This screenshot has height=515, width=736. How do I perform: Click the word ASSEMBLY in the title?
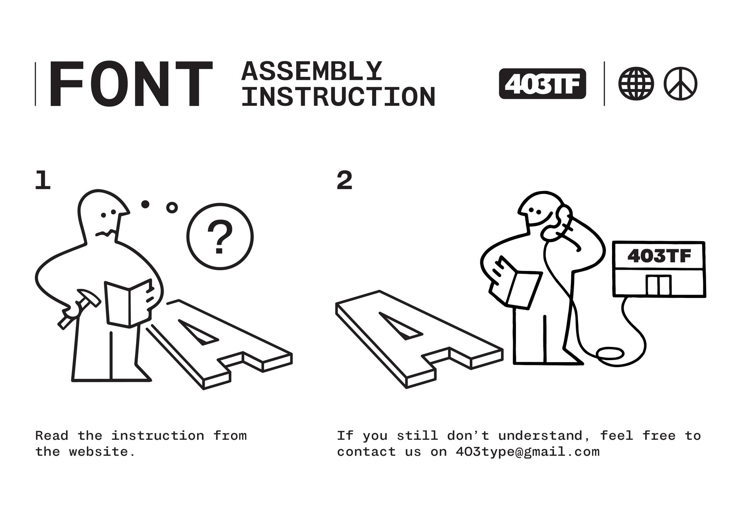pyautogui.click(x=312, y=71)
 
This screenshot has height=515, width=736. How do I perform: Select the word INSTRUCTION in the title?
pyautogui.click(x=339, y=97)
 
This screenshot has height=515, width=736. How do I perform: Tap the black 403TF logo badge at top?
pyautogui.click(x=542, y=84)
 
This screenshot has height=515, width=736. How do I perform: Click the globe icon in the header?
pyautogui.click(x=636, y=84)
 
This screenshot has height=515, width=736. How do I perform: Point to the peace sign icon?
pyautogui.click(x=680, y=84)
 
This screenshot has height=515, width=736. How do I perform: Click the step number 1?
pyautogui.click(x=43, y=180)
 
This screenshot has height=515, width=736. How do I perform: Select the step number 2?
pyautogui.click(x=344, y=180)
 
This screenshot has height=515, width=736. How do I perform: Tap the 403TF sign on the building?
pyautogui.click(x=659, y=256)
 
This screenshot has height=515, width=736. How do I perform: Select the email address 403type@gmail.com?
pyautogui.click(x=527, y=452)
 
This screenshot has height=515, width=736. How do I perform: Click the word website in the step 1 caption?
pyautogui.click(x=102, y=452)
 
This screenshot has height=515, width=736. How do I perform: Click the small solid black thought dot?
pyautogui.click(x=145, y=204)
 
